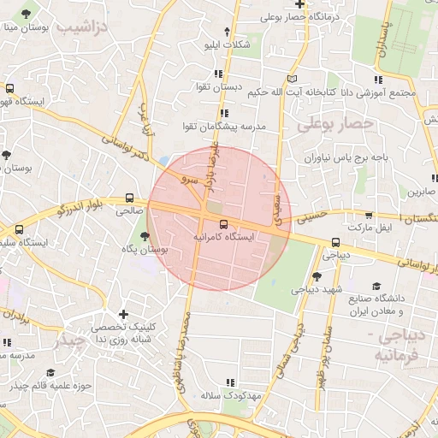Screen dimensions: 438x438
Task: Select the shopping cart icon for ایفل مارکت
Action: (369, 216)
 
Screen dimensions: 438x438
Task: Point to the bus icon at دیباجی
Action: (334, 242)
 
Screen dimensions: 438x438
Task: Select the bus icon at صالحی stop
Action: (129, 197)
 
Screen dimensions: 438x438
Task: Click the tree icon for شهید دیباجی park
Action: (317, 275)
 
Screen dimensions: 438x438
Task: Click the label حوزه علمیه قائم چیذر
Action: (50, 386)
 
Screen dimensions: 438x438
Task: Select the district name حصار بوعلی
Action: (335, 125)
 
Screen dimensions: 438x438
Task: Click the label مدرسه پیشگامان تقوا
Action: (232, 127)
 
